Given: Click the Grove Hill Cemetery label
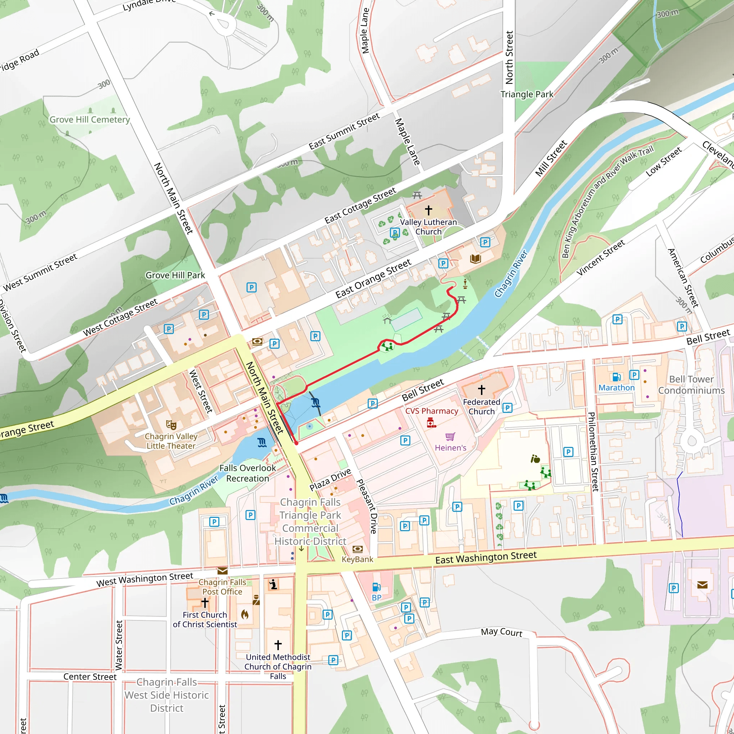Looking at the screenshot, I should [x=90, y=120].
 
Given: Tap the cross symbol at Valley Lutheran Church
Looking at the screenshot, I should [x=429, y=210].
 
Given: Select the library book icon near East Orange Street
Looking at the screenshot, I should [x=475, y=259].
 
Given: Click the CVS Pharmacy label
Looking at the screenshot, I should [x=432, y=411].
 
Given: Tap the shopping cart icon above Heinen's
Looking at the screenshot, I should [x=450, y=437].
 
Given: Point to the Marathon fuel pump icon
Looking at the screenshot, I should [x=616, y=377].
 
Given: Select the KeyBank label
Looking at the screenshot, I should [x=357, y=559].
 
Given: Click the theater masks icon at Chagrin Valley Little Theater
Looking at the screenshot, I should [x=171, y=424].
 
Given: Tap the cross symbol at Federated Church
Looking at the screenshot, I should [x=481, y=390].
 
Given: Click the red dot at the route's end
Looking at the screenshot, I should [x=296, y=443].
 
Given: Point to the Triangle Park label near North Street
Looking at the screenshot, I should [x=526, y=94].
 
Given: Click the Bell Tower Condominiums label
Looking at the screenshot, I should [x=691, y=385].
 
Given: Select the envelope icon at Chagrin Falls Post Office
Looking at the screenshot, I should [x=223, y=571].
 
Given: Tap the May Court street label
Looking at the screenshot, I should [x=501, y=632].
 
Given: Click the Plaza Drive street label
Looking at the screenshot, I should [x=330, y=480].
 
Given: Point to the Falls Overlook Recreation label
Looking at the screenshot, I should [x=248, y=473].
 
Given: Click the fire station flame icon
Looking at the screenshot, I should [x=245, y=614].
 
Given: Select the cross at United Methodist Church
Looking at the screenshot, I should [x=278, y=645].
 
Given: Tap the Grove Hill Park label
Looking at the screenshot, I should [x=175, y=275].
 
